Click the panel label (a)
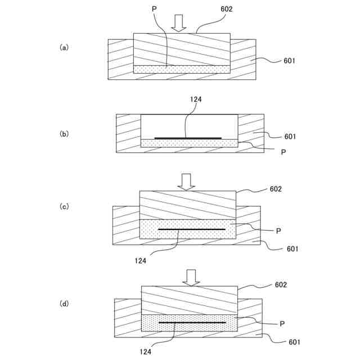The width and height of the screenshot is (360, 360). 64,48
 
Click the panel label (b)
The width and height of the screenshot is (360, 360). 64,134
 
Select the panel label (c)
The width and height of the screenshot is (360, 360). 64,206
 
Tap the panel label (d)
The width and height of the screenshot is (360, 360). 64,304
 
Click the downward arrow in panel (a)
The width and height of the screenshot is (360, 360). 179,23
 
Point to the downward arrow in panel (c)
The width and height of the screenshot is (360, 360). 186,181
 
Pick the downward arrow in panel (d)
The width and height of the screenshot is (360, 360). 191,277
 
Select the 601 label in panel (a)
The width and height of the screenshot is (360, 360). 289,61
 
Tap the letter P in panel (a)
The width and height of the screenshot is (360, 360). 154,10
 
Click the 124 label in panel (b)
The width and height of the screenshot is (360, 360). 196,100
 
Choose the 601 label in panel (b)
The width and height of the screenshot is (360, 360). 290,136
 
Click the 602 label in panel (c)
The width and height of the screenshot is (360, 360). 276,189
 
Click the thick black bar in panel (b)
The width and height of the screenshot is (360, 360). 187,137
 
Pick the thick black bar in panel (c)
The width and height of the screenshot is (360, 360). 191,229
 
